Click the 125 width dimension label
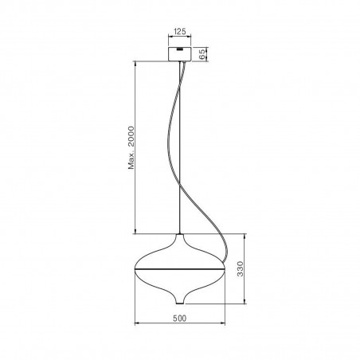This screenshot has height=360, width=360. [x=180, y=33]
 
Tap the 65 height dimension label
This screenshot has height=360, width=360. [x=202, y=54]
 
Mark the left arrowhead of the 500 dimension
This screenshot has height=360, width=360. [x=137, y=324]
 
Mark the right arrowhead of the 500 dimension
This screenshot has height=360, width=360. [x=224, y=324]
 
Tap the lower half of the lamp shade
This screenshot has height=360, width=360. [x=180, y=282]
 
